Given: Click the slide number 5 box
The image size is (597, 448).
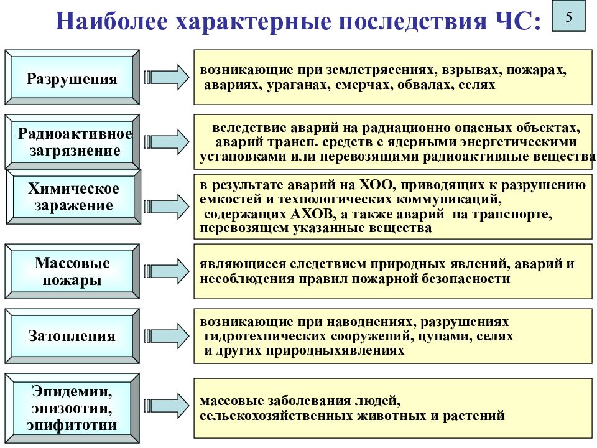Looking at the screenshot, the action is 568,16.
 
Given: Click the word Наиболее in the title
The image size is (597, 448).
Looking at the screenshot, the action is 111,21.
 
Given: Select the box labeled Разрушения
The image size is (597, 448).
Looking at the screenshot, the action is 72,77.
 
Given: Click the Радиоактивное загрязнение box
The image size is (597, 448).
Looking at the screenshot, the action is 72,142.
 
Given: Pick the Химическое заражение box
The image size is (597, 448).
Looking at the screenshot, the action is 73,197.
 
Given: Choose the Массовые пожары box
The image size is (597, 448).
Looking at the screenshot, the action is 72,271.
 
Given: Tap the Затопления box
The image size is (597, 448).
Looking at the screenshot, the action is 72,336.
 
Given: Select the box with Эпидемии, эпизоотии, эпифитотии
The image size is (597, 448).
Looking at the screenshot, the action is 72,408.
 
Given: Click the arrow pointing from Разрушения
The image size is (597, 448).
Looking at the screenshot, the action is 167,77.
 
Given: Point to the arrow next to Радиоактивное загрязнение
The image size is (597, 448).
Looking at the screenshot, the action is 167,142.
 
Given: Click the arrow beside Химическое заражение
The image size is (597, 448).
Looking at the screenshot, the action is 167,207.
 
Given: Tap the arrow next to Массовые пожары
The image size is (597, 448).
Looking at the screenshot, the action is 167,271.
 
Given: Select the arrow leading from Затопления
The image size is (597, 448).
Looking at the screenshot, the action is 167,336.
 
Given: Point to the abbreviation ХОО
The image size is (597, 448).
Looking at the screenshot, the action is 376,185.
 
